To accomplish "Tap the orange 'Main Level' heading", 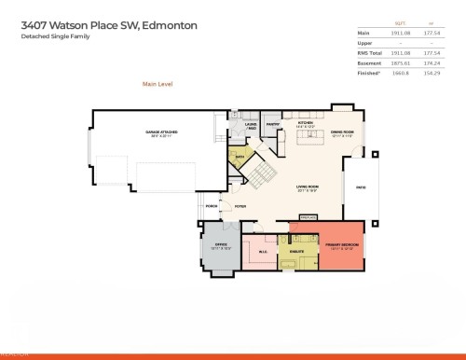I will point(158,84).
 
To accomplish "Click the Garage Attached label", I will point(161,134).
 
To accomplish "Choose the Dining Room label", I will point(343,133).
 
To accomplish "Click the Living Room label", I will point(308,188).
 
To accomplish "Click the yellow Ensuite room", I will point(297,253).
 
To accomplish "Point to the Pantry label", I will point(273,125).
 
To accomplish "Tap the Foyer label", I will point(240,206).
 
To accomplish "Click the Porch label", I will point(212,206).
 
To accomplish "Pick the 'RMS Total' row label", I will point(370,51).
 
